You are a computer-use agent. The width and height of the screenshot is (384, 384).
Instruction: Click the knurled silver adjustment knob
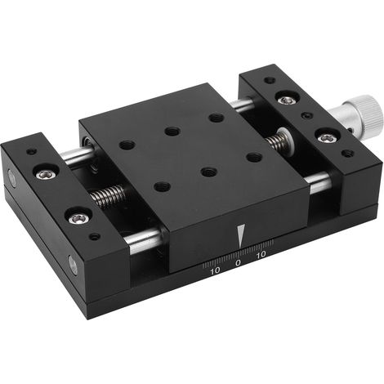point(358,114)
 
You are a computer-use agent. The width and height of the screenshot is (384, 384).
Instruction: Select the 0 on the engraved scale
point(238,262)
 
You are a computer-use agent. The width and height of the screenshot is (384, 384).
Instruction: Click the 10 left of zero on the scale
point(215,270)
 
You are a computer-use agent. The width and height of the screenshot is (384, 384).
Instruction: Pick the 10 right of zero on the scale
point(261,254)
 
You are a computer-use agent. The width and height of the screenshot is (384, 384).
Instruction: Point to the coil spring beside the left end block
point(108,195)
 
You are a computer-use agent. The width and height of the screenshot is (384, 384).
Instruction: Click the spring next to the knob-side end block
point(278,141)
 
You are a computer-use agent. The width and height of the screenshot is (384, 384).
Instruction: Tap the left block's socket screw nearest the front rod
point(78,218)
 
